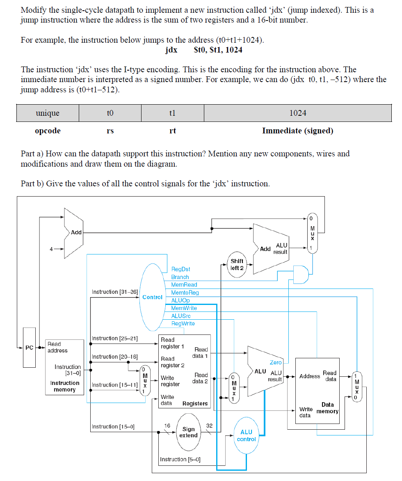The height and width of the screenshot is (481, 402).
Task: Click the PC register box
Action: point(29,347)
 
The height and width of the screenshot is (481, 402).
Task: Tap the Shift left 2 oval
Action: point(237,264)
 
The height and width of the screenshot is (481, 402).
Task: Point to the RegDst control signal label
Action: point(180,269)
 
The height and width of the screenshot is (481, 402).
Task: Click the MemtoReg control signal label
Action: point(185,293)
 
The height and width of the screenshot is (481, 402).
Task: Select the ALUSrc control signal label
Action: point(180,316)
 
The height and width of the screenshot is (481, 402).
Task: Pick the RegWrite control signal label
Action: point(183,324)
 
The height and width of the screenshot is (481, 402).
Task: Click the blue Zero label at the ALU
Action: point(276,362)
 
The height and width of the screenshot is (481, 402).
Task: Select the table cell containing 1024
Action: point(297,113)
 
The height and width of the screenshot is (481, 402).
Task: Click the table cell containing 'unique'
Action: point(48,113)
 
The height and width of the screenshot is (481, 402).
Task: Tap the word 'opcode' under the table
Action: point(48,131)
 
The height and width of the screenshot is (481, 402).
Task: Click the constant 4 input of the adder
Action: point(52,249)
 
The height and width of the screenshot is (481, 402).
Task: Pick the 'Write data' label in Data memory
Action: point(306,412)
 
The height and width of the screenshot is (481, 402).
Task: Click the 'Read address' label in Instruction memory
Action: point(57,347)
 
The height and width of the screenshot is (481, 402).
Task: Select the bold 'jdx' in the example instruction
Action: point(171,50)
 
